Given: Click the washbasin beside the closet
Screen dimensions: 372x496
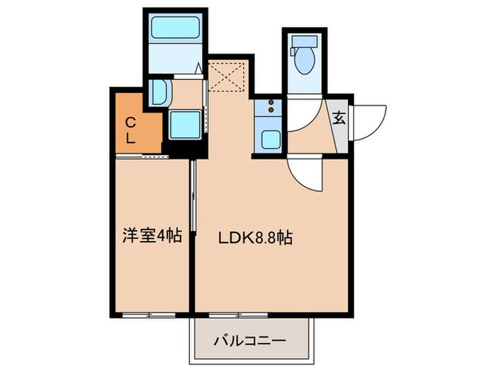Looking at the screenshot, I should pyautogui.click(x=159, y=92).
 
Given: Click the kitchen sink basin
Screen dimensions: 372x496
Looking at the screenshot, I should pyautogui.click(x=271, y=137).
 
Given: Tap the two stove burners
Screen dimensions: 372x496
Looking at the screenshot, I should pyautogui.click(x=271, y=107).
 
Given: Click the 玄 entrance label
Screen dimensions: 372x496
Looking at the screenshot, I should pyautogui.click(x=339, y=118).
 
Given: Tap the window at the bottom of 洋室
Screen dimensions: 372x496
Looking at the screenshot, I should pyautogui.click(x=149, y=312).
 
